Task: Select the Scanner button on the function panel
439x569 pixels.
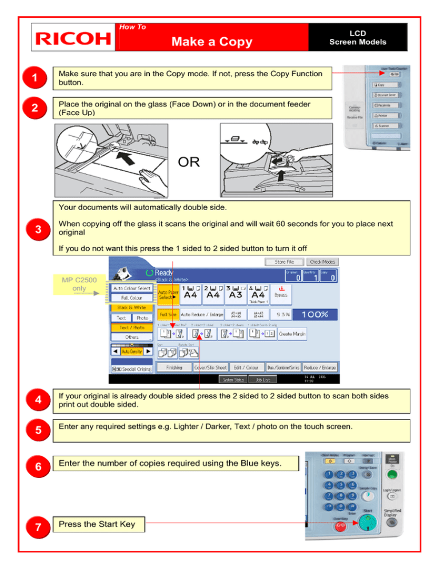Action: point(384,125)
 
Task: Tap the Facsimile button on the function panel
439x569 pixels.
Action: point(384,105)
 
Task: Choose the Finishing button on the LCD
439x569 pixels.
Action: point(174,367)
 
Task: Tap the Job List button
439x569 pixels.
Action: point(266,379)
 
